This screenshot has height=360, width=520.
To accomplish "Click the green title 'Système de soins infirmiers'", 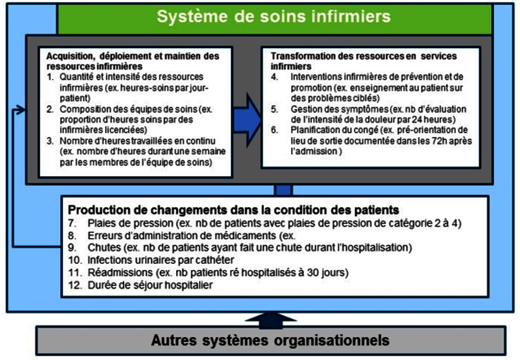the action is [273, 17].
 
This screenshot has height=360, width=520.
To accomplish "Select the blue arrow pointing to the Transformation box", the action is [247, 120].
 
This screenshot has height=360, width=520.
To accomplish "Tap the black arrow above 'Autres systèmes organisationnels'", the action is [271, 320].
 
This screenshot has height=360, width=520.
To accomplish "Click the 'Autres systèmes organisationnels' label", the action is [270, 340].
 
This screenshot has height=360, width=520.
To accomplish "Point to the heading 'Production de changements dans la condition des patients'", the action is [234, 210].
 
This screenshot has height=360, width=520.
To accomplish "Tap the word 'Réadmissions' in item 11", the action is [120, 272].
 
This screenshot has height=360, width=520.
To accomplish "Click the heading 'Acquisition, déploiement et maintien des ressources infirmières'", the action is [133, 61].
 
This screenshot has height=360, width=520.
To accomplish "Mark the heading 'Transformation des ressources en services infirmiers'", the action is [363, 61].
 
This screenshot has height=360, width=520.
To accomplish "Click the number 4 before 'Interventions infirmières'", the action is [275, 77].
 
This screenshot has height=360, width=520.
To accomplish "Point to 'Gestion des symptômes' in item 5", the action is [339, 109].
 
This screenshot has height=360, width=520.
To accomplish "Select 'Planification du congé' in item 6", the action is [334, 130].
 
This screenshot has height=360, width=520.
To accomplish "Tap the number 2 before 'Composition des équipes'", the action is [50, 109].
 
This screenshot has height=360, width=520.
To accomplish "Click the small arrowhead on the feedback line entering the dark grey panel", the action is [21, 110].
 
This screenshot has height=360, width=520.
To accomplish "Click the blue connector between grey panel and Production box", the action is [283, 190].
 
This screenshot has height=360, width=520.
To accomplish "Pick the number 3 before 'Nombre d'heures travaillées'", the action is [50, 141].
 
